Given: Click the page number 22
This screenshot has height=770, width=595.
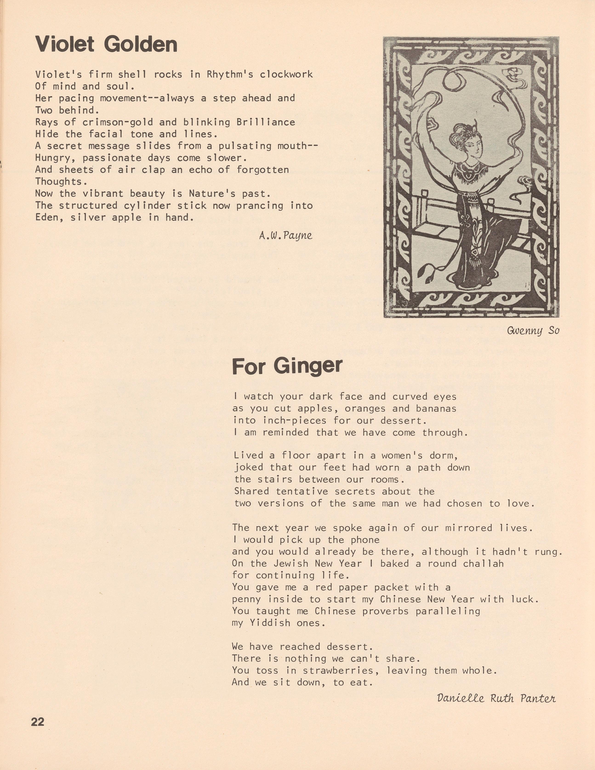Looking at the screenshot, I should (x=38, y=722).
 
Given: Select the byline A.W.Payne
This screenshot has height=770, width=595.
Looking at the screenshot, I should (x=285, y=236).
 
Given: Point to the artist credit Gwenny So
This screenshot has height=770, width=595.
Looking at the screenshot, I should (x=533, y=331).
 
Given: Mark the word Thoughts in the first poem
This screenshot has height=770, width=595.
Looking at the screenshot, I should (x=58, y=182).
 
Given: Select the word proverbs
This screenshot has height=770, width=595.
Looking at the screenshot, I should (x=385, y=611).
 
